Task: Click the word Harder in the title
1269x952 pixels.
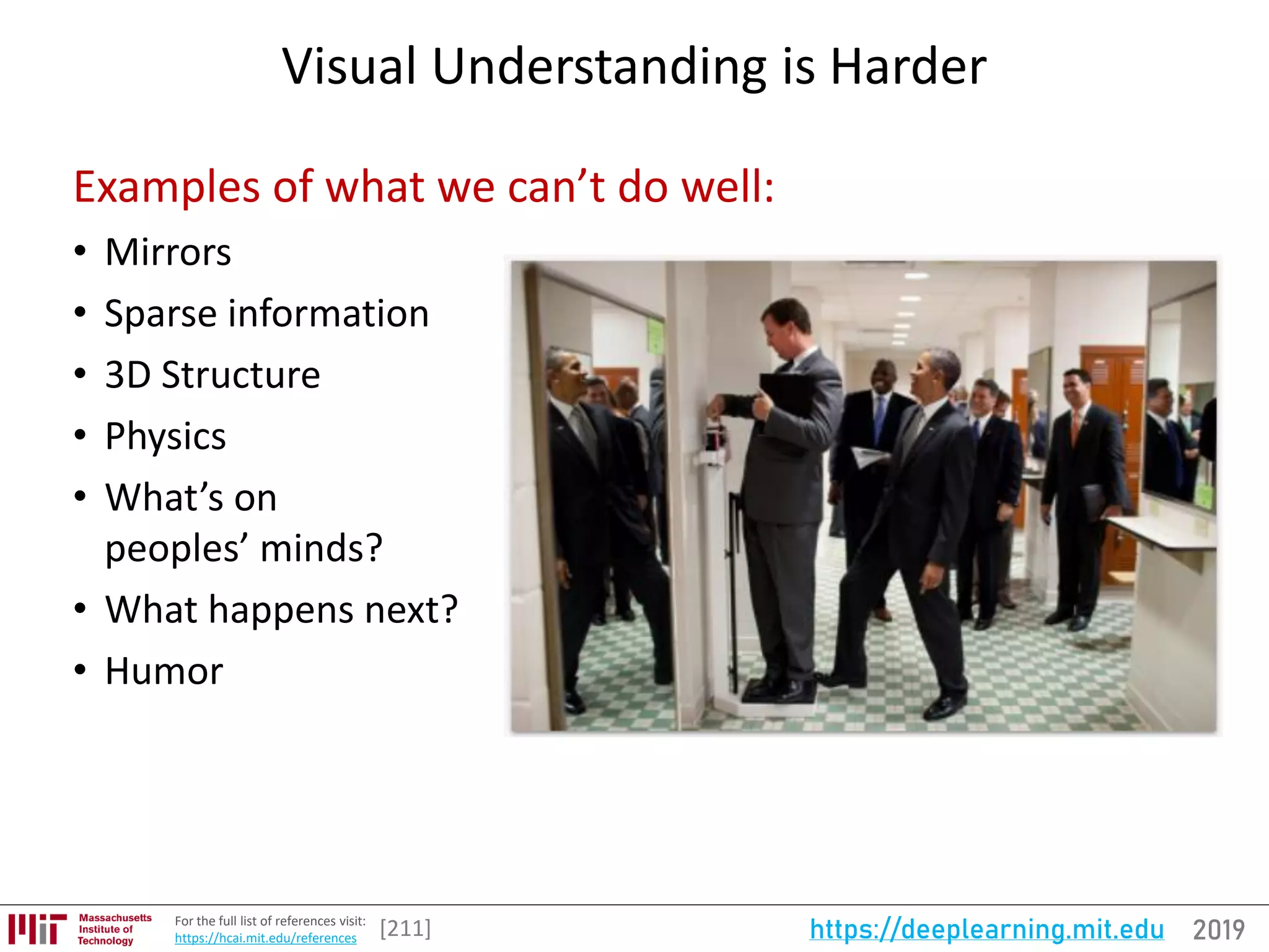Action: tap(908, 66)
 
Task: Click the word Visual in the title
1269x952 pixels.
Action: tap(349, 66)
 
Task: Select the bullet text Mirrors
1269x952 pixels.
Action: tap(168, 252)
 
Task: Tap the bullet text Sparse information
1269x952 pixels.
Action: tap(266, 314)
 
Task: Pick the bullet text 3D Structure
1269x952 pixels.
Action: tap(213, 375)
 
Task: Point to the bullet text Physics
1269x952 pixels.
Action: tap(165, 436)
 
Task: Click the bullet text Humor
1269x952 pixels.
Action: tap(164, 671)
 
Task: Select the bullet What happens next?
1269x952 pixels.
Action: tap(281, 610)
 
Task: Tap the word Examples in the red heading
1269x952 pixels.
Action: tap(166, 187)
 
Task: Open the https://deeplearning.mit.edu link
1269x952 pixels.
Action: tap(986, 930)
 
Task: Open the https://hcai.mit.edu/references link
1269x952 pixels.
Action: tap(265, 938)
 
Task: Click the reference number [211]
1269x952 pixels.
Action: tap(405, 928)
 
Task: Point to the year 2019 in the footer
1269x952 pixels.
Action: tap(1218, 930)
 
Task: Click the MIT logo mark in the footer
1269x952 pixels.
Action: tap(37, 928)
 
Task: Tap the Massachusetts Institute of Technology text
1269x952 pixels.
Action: tap(114, 929)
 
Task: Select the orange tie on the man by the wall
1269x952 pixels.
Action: tap(1076, 428)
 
